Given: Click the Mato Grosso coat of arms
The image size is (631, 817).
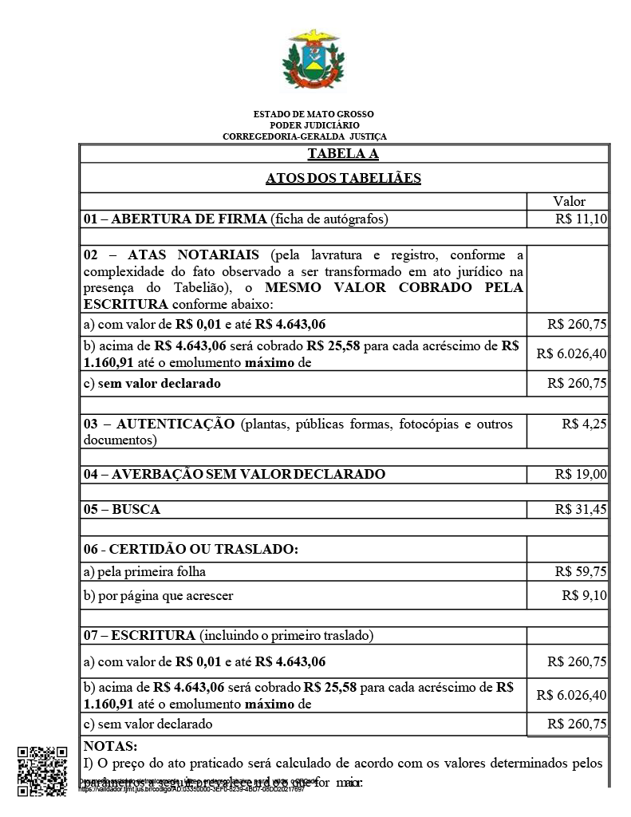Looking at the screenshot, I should click(314, 61).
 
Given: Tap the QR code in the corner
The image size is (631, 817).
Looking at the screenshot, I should click(41, 770).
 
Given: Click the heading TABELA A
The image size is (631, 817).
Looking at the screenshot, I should click(343, 154).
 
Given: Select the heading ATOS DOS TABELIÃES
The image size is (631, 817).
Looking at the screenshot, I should click(343, 178).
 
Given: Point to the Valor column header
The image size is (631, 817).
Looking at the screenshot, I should click(569, 201).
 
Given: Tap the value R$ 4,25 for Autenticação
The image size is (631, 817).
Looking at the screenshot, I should click(584, 424).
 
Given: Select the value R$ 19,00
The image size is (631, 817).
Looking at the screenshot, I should click(581, 474).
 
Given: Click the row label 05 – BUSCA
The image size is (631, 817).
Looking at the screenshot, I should click(122, 509).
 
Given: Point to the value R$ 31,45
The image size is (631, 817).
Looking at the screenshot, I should click(581, 509).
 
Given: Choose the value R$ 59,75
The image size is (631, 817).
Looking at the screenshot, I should click(581, 571).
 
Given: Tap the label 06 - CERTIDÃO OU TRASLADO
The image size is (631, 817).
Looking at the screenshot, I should click(191, 549).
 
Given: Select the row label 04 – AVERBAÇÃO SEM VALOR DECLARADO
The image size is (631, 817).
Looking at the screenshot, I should click(235, 474).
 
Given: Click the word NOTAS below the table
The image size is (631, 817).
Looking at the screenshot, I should click(110, 747).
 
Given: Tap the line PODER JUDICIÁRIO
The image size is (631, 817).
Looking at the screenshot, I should click(314, 125).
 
